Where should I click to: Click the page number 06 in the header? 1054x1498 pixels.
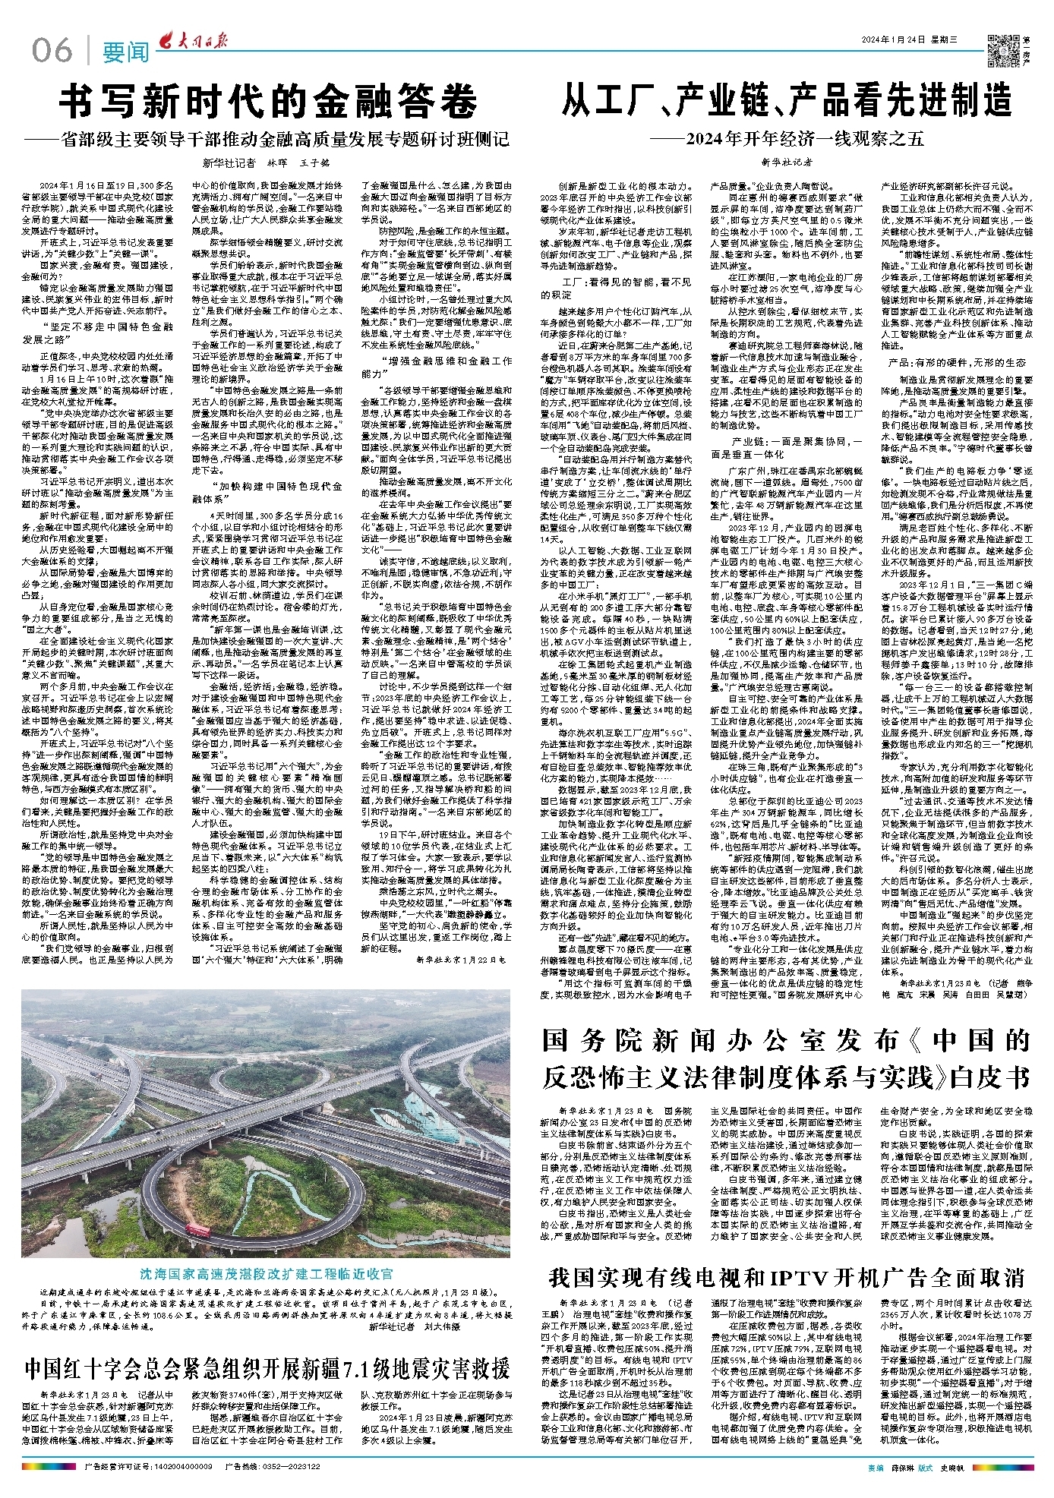[x=52, y=50]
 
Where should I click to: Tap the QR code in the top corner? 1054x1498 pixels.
[x=1002, y=49]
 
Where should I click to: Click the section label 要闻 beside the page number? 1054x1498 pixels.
[x=126, y=52]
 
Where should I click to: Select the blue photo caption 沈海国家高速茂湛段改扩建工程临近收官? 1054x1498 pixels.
[x=267, y=1273]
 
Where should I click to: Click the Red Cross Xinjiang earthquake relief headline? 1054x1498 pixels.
[x=267, y=1368]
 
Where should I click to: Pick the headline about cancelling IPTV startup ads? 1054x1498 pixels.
[x=787, y=1277]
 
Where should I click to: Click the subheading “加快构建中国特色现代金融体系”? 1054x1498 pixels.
[x=266, y=492]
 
